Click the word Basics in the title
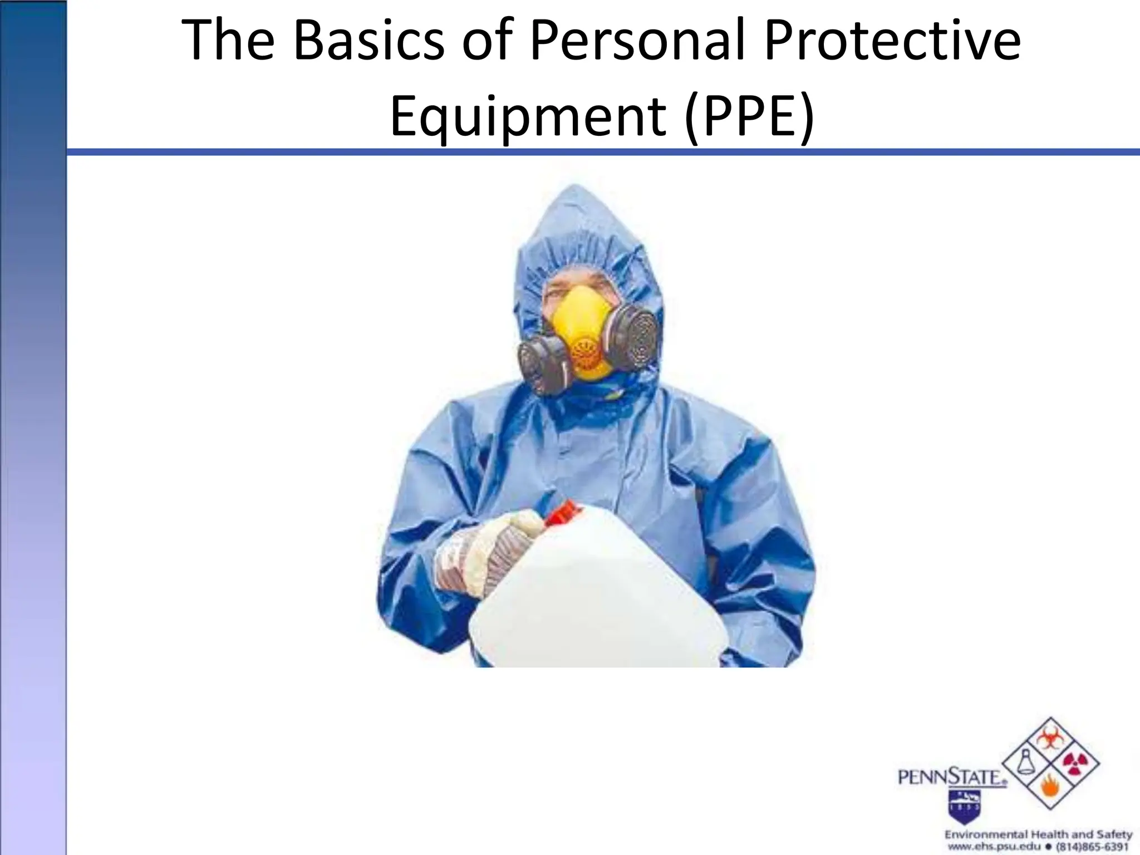click(x=368, y=42)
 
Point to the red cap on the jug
click(x=562, y=512)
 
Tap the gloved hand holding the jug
click(x=490, y=551)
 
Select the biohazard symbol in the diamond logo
click(x=1050, y=740)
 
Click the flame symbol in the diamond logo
click(x=1050, y=790)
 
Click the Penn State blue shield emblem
click(x=965, y=802)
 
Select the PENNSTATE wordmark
click(x=952, y=777)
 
